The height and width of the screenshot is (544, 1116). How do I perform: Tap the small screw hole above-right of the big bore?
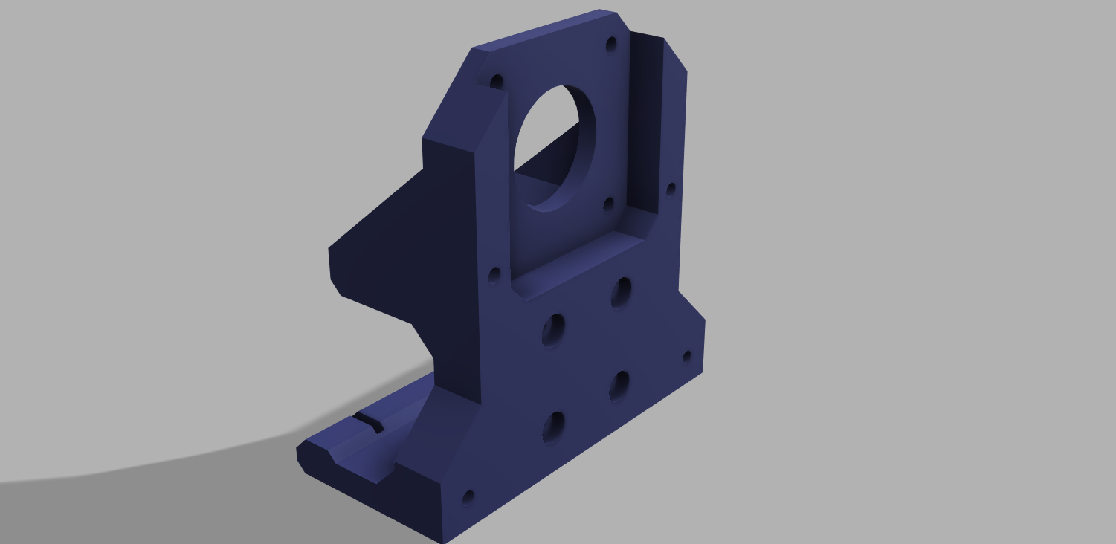pos(611,45)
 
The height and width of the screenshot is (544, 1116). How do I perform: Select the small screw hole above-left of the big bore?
pos(497,81)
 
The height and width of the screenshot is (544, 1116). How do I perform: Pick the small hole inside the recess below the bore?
pos(608,204)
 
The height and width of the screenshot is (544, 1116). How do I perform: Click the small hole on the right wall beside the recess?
pos(671,190)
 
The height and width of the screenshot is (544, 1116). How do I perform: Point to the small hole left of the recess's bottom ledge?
pos(494,276)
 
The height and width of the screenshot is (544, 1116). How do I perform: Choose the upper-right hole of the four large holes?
pos(622,293)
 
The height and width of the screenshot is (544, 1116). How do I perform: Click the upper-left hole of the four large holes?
pos(553,330)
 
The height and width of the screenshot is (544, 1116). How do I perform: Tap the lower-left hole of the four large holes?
pos(553,427)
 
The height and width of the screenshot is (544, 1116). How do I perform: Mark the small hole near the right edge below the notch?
pos(686,357)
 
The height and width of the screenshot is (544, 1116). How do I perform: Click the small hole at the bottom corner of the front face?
pos(468,496)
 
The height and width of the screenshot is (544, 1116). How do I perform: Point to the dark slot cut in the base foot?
pos(369,422)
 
